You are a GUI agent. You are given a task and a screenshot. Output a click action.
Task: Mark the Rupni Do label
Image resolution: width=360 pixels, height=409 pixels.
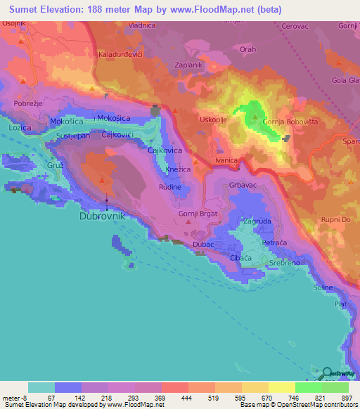pos(335,216)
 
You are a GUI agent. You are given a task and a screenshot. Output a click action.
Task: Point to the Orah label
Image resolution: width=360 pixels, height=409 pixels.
pos(248,50)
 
